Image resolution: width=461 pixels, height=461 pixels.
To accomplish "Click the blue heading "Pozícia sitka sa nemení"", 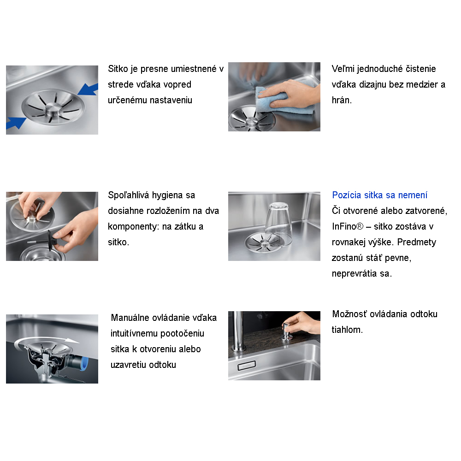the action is click(379, 195).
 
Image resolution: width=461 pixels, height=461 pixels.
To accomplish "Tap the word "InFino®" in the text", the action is click(348, 226).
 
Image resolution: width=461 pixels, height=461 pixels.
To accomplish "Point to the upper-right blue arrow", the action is click(88, 89).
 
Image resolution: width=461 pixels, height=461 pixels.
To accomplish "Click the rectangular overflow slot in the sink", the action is click(246, 366).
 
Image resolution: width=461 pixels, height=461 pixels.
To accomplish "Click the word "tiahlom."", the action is click(347, 330).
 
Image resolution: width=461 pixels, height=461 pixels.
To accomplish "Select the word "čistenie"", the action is click(421, 69).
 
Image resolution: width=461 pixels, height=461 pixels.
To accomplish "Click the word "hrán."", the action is click(342, 100).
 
